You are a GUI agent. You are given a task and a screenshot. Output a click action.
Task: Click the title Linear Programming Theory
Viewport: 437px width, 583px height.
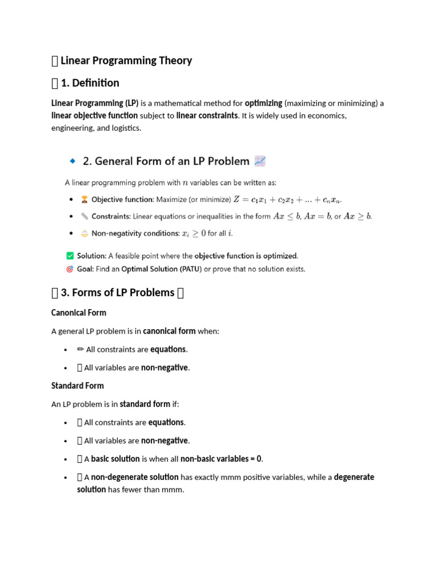[x=126, y=60]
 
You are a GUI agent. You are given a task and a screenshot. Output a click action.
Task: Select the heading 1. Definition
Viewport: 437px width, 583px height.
[x=89, y=83]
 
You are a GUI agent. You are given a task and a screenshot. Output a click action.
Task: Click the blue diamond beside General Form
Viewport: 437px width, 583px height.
[x=72, y=162]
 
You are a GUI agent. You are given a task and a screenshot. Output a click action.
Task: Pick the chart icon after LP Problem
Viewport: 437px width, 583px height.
[x=260, y=161]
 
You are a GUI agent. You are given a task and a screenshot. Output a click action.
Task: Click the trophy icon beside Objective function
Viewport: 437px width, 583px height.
[x=85, y=199]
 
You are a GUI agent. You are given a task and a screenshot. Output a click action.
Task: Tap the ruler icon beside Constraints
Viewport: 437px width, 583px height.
[x=85, y=216]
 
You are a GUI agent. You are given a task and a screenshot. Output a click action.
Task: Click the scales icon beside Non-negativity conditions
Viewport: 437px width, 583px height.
[x=85, y=233]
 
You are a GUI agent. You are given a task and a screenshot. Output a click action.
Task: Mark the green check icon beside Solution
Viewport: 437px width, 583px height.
[x=70, y=256]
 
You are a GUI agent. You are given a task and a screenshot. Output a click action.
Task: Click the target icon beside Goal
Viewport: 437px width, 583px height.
[x=70, y=269]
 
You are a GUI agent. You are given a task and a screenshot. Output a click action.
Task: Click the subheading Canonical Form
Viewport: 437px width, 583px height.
[x=79, y=313]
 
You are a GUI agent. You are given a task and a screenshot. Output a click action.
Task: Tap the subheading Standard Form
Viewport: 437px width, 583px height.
[x=77, y=385]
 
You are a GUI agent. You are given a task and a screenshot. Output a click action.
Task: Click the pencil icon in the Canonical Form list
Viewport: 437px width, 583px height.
[x=80, y=349]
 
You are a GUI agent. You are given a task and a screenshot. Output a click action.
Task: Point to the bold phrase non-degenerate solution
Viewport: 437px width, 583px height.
[x=135, y=477]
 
